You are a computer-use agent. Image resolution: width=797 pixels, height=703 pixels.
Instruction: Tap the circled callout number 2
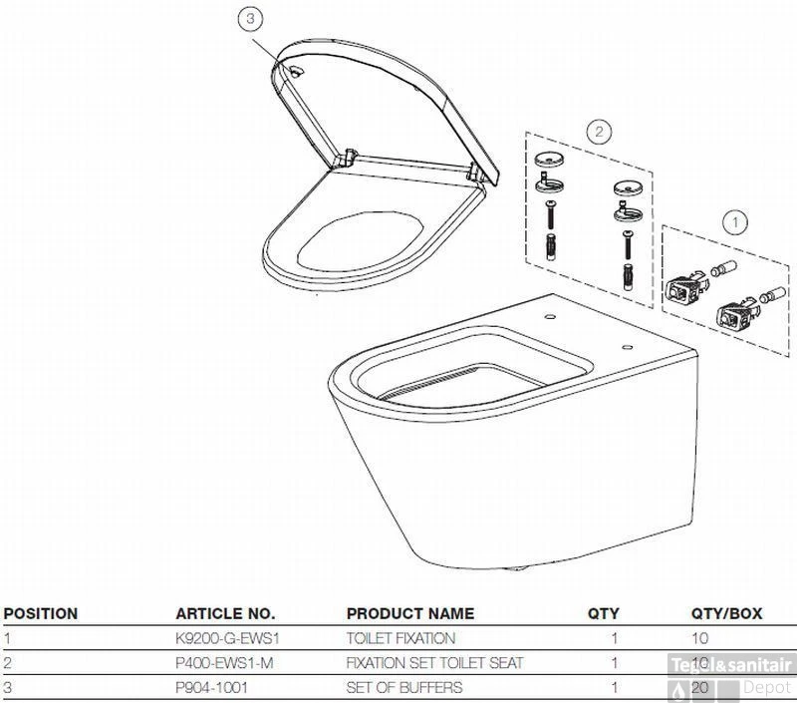click(x=599, y=131)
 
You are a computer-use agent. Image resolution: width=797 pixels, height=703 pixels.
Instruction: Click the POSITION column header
click(x=41, y=613)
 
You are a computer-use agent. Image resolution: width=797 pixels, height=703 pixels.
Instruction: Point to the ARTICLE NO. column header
click(x=225, y=613)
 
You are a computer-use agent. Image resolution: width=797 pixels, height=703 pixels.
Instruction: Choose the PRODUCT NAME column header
click(x=409, y=613)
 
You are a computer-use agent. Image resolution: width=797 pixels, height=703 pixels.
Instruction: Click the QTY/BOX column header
click(x=726, y=613)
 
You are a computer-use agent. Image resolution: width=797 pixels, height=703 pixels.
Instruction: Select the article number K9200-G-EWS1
click(x=227, y=638)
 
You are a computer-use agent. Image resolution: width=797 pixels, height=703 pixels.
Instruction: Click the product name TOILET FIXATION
click(x=400, y=638)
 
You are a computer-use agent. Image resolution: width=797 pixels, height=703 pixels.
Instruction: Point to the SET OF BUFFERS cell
click(x=403, y=687)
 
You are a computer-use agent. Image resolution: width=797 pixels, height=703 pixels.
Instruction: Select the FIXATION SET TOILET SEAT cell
click(x=434, y=662)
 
